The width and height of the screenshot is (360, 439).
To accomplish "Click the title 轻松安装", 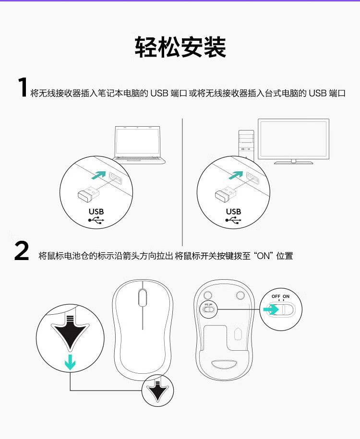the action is (180, 47).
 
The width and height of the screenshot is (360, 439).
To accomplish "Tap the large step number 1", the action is (23, 87).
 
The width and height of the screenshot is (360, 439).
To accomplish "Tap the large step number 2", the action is (22, 251).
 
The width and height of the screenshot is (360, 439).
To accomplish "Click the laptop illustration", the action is (139, 145).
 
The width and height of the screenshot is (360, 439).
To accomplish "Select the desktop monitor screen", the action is (293, 139).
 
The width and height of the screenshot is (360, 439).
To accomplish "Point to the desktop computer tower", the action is (246, 145).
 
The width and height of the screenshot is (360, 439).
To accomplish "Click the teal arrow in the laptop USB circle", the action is (98, 175).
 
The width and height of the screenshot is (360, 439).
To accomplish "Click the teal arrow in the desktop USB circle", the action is (236, 175).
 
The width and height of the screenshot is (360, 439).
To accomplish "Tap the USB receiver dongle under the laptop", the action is (88, 194).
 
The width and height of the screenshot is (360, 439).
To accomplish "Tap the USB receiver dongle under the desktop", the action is (226, 194).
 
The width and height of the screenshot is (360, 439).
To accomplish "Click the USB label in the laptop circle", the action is (96, 212).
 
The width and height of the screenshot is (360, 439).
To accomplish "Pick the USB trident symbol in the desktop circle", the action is (233, 220).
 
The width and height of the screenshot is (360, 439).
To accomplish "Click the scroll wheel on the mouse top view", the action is (143, 298).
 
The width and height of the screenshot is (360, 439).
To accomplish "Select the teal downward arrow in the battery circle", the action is (70, 362).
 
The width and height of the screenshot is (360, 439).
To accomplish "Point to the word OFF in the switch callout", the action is (276, 296).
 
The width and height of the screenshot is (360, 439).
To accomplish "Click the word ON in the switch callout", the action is (286, 296).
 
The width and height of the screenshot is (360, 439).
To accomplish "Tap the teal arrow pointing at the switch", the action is (271, 309).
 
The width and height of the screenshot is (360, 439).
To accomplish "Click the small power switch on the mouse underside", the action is (208, 309).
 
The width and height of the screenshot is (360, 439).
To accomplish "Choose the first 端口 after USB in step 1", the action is (179, 93).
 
